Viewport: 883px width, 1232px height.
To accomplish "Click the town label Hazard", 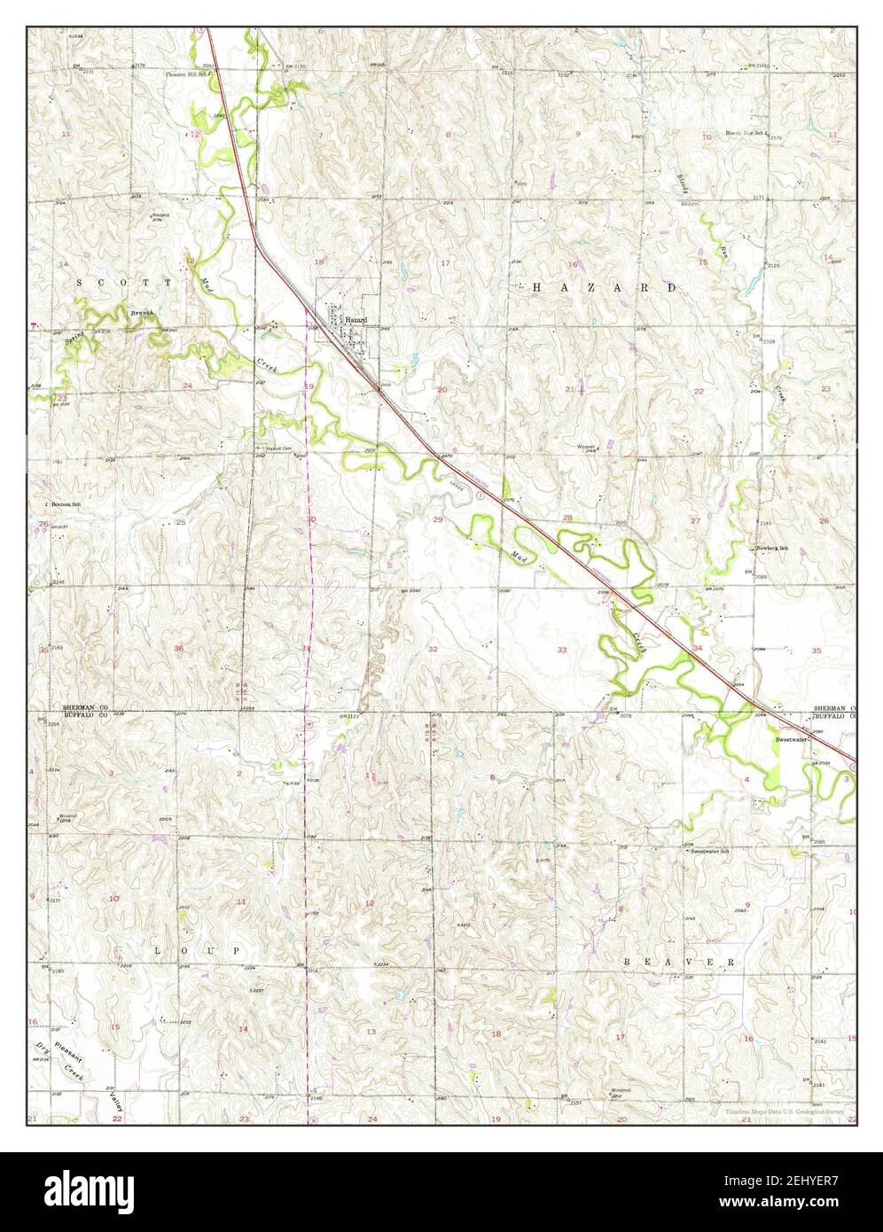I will (356, 320).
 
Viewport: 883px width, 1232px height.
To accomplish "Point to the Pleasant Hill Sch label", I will (187, 74).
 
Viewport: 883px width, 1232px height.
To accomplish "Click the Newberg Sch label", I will (772, 549).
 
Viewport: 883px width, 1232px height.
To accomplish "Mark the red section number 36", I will (179, 648).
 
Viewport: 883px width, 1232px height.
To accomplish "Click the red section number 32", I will (433, 649).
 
